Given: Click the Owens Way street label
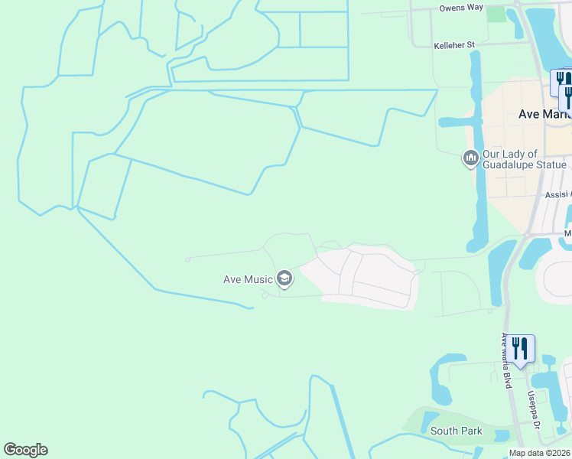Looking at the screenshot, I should [461, 8].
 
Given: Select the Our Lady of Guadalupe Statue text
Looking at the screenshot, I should [524, 159].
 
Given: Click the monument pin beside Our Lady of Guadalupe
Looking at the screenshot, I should [470, 158].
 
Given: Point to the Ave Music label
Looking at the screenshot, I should [248, 279].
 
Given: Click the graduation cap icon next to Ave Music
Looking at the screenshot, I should [284, 278].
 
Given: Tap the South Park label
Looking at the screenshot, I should [456, 431].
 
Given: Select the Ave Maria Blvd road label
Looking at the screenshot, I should [505, 360].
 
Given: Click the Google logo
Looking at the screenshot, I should [25, 450].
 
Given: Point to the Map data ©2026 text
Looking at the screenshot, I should [538, 453].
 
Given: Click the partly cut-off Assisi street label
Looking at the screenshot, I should [557, 195].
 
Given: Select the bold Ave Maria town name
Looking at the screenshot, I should [544, 114].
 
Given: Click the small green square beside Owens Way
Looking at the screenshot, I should [496, 14].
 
